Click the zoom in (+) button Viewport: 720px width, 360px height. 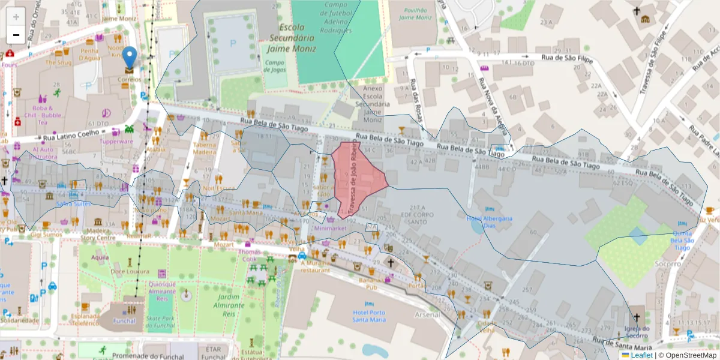click(x=16, y=17)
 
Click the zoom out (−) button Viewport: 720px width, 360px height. click(x=16, y=35)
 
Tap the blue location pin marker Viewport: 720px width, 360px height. click(x=129, y=59)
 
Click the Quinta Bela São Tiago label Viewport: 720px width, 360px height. click(x=683, y=240)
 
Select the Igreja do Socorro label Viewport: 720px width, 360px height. click(x=637, y=331)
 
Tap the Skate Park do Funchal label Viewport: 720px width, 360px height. click(x=160, y=322)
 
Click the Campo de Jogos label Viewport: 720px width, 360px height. click(x=274, y=65)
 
